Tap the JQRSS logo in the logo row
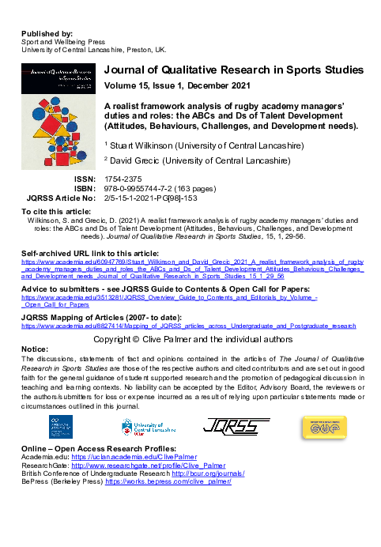pos(231,428)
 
